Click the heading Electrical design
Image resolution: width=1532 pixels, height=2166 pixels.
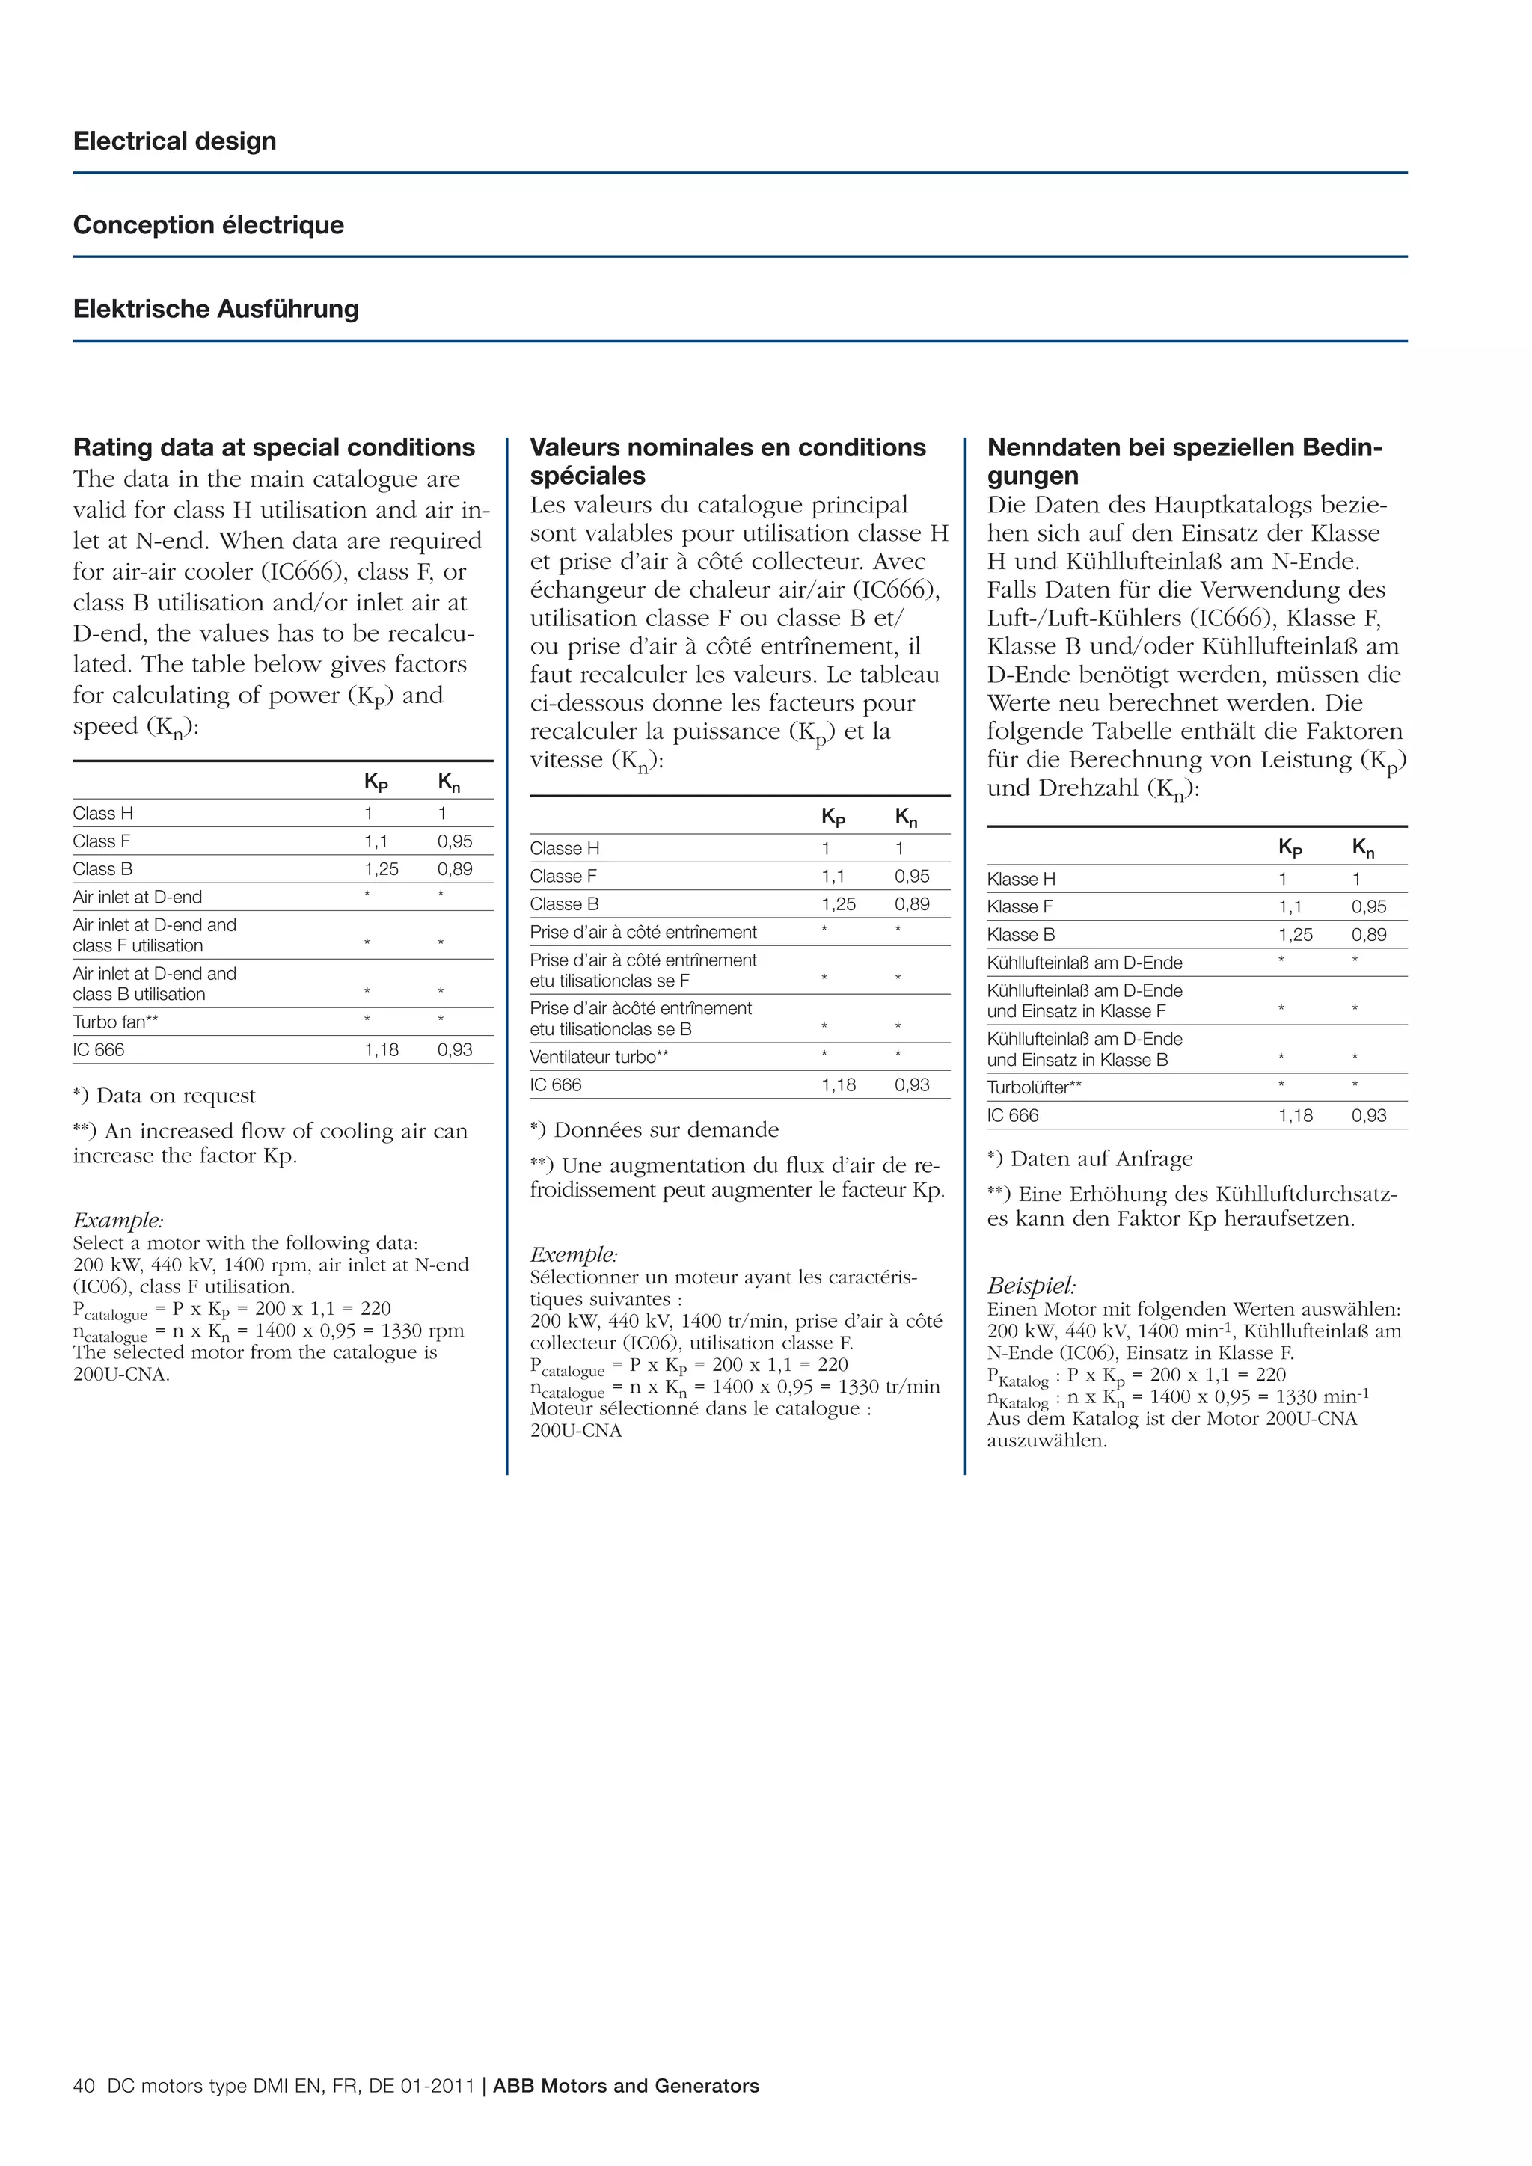coord(174,141)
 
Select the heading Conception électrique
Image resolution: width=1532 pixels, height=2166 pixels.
coord(209,225)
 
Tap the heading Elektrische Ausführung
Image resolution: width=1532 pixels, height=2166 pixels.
coord(216,310)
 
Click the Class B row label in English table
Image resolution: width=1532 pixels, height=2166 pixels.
coord(102,869)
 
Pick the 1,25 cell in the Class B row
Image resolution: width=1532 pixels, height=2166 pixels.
coord(381,869)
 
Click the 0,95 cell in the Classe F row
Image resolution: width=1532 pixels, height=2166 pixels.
coord(911,876)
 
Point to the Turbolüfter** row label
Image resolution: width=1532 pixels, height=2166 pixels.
coord(1034,1087)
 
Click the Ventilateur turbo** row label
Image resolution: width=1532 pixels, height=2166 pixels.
coord(598,1057)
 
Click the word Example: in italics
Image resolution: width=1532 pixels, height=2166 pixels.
coord(118,1220)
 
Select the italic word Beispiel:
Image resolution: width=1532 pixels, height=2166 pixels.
coord(1031,1285)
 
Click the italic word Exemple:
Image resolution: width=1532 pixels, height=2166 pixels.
coord(574,1255)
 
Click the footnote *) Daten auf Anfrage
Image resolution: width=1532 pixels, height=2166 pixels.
coord(1090,1159)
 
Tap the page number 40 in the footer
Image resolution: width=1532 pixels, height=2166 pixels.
coord(84,2086)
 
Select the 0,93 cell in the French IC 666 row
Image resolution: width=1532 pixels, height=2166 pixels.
coord(911,1085)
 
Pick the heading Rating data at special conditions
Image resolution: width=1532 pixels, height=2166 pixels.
coord(274,447)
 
